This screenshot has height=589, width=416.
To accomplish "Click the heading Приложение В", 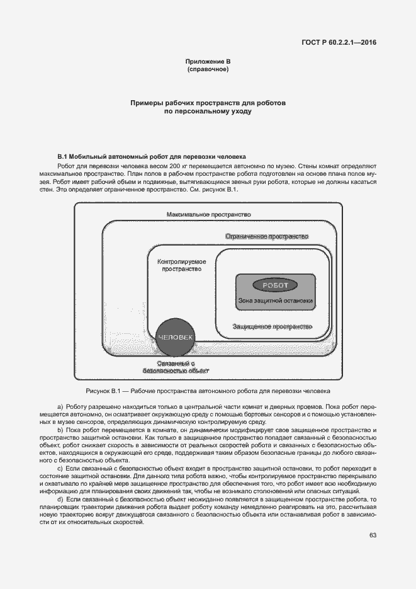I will (x=208, y=61).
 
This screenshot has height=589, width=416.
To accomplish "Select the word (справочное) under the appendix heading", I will (x=208, y=69).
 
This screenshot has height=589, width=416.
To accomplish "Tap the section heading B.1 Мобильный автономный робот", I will (x=151, y=156).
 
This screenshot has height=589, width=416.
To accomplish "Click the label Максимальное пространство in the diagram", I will (x=209, y=215).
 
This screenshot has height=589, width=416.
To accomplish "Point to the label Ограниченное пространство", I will (x=267, y=236).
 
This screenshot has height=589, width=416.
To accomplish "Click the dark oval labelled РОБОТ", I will (x=275, y=285).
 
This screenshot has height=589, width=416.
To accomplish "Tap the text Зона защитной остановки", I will (x=275, y=300).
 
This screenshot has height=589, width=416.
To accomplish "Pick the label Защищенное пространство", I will (x=272, y=326).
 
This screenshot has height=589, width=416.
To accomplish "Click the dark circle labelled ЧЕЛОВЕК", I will (x=176, y=338).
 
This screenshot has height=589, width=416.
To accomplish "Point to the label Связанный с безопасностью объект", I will (x=176, y=367).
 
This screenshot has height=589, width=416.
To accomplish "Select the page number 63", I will (x=373, y=535).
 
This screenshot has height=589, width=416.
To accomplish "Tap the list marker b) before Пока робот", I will (x=60, y=430).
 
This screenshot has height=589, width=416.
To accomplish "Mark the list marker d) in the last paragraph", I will (x=60, y=499).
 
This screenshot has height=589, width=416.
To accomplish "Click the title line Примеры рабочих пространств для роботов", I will (x=208, y=102).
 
